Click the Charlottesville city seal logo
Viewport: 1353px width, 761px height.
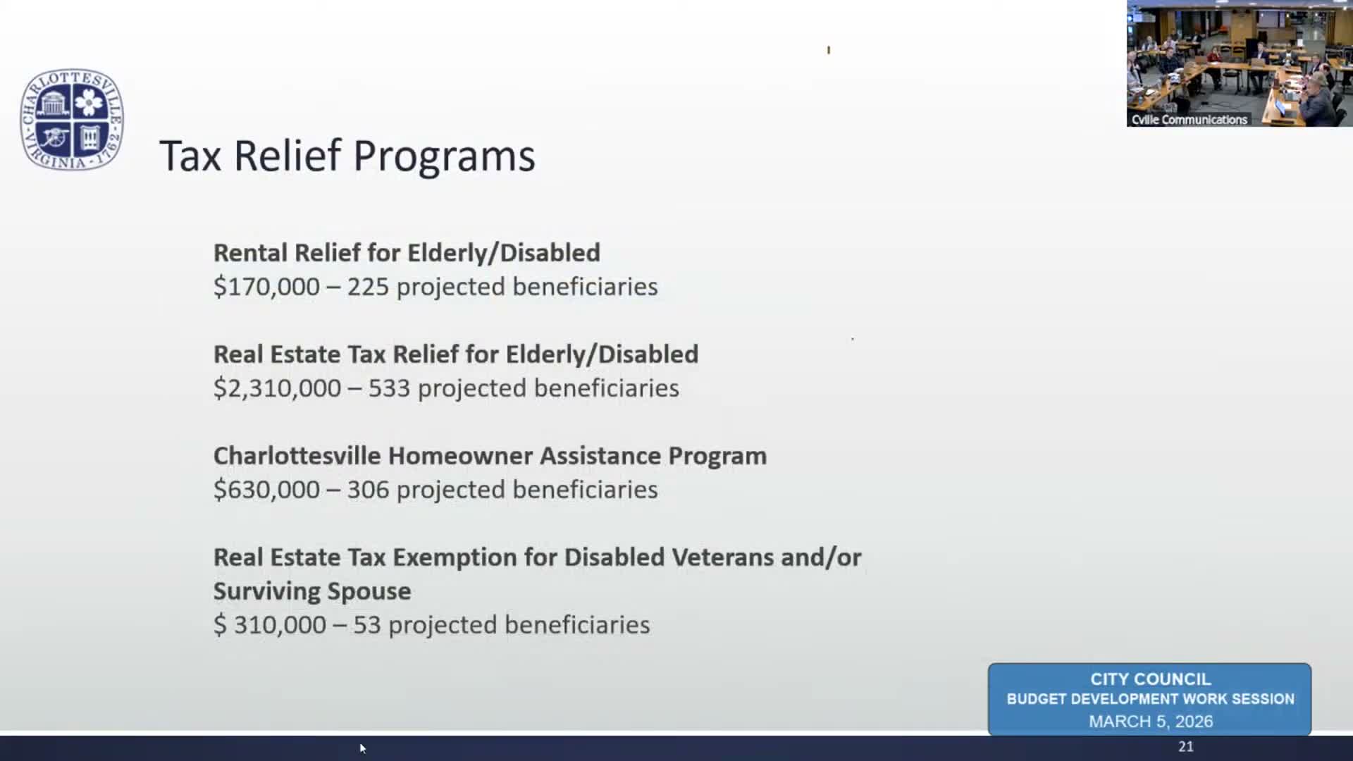tap(72, 120)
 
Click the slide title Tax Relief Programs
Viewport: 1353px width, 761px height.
tap(347, 156)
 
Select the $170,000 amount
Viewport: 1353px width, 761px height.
tap(266, 287)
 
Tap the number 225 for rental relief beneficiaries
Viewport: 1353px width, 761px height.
tap(368, 287)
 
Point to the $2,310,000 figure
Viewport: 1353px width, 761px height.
tap(277, 388)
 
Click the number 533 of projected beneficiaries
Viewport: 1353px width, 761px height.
tap(389, 388)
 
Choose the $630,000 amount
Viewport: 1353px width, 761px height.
tap(266, 490)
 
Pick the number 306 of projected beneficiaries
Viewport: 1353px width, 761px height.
tap(368, 490)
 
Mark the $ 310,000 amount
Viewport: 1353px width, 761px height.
tap(270, 625)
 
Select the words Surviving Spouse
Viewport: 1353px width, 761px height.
tap(312, 591)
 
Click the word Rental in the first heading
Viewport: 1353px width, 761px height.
tap(250, 253)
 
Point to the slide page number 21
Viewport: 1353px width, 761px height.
tap(1186, 747)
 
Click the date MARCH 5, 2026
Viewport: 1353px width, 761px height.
tap(1151, 722)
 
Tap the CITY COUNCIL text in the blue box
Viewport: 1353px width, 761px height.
tap(1151, 679)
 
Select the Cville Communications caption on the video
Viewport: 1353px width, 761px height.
tap(1189, 120)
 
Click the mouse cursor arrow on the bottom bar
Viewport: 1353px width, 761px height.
tap(362, 748)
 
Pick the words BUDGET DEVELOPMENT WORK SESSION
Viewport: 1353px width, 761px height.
tap(1151, 699)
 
